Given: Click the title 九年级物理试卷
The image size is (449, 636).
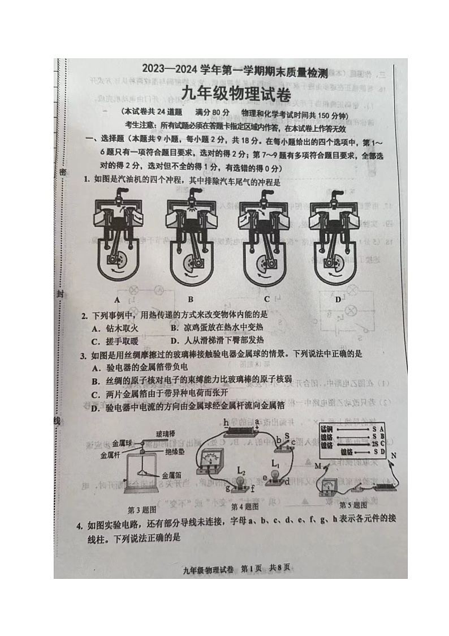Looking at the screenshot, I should tap(236, 96).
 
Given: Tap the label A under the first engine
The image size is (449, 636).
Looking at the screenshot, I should tap(117, 300).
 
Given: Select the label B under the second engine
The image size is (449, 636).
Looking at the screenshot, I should tap(191, 300).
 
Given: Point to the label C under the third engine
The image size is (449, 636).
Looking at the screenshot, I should tap(266, 300).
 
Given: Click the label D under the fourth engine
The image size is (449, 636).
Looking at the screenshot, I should tap(338, 299).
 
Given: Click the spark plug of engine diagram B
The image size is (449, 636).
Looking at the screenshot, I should tap(191, 197).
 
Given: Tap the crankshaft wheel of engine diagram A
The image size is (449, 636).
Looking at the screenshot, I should tap(120, 261).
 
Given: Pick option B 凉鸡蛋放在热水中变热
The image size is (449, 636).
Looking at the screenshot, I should tap(217, 328).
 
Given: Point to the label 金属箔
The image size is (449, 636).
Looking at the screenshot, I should tap(171, 475).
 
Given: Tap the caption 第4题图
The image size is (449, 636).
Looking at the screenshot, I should tap(245, 506).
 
